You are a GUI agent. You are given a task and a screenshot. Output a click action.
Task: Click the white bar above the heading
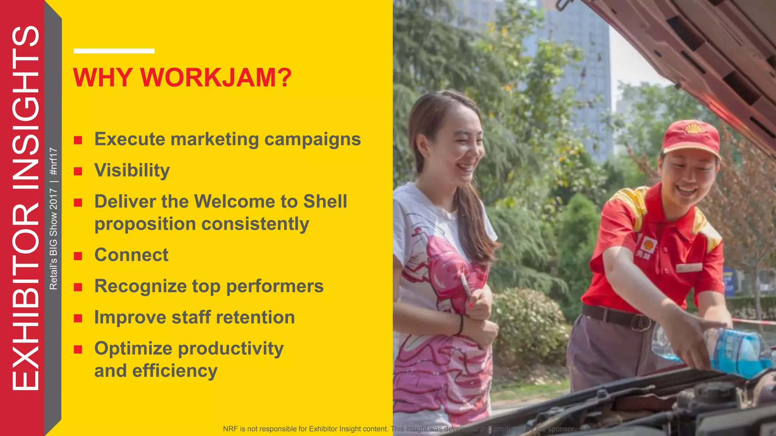(114, 51)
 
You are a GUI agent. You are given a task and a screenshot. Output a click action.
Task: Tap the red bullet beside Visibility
(78, 171)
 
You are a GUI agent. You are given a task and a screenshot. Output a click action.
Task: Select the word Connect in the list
(131, 255)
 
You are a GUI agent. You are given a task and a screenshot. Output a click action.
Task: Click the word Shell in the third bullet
(325, 201)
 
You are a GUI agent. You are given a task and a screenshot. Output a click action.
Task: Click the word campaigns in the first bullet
(312, 139)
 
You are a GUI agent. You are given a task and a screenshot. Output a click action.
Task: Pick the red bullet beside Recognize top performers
(78, 287)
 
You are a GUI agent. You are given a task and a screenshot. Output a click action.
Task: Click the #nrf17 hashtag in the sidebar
(54, 161)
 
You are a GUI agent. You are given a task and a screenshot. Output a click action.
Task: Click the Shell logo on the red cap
(693, 128)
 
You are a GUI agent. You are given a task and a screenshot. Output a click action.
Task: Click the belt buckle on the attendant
(640, 322)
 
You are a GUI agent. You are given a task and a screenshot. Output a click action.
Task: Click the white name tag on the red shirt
(689, 268)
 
